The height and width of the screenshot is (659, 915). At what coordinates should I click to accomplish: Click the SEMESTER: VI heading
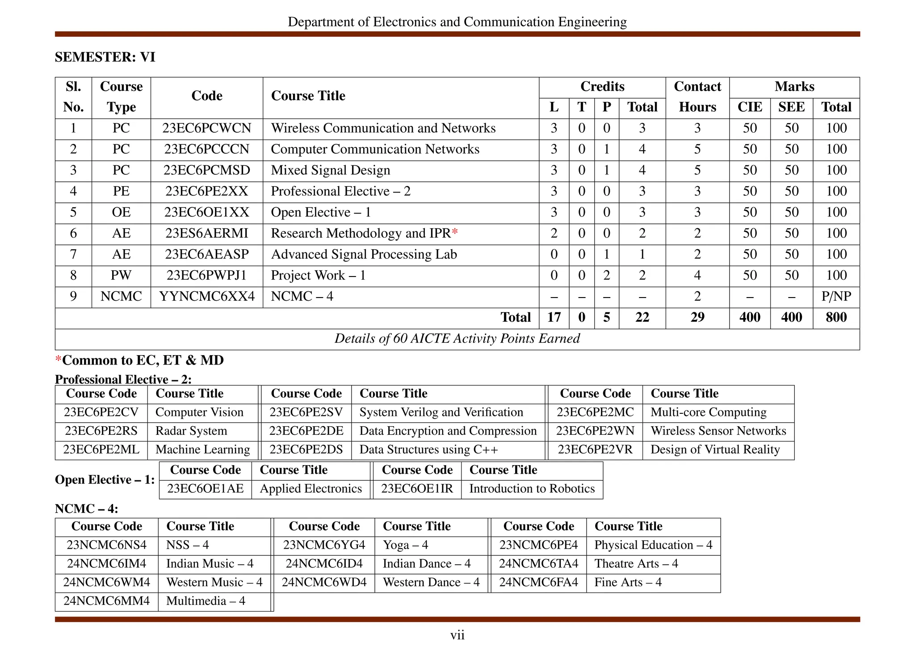pos(105,57)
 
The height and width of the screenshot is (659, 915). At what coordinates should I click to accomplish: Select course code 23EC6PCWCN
pos(206,128)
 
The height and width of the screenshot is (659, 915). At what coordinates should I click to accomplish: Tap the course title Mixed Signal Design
pos(330,170)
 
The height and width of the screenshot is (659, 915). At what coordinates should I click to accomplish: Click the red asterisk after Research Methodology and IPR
pos(455,232)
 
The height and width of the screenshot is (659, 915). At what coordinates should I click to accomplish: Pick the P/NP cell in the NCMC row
pos(836,297)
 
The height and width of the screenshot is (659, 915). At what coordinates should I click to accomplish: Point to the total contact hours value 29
pos(697,318)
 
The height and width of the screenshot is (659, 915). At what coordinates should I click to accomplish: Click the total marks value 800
pos(836,318)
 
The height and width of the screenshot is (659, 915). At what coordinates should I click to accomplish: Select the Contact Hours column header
pos(697,97)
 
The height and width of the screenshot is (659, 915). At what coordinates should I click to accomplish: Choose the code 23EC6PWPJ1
pos(206,276)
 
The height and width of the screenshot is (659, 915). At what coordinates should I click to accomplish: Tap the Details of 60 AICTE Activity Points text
pos(457,339)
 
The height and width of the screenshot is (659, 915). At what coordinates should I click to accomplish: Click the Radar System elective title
pos(191,431)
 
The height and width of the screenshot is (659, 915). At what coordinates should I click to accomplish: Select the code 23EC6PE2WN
pos(595,431)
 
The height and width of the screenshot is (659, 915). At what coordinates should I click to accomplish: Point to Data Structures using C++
pos(428,450)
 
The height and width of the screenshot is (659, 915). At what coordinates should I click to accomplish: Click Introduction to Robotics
pos(532,489)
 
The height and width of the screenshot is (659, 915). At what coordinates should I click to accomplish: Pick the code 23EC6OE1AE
pos(206,489)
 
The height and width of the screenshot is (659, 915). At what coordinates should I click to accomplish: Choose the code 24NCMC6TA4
pos(538,564)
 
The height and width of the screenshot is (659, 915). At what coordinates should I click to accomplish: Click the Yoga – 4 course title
pos(405,545)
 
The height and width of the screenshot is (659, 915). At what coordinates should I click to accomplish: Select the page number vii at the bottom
pos(457,635)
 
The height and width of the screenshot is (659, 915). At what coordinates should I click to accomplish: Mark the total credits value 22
pos(642,318)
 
